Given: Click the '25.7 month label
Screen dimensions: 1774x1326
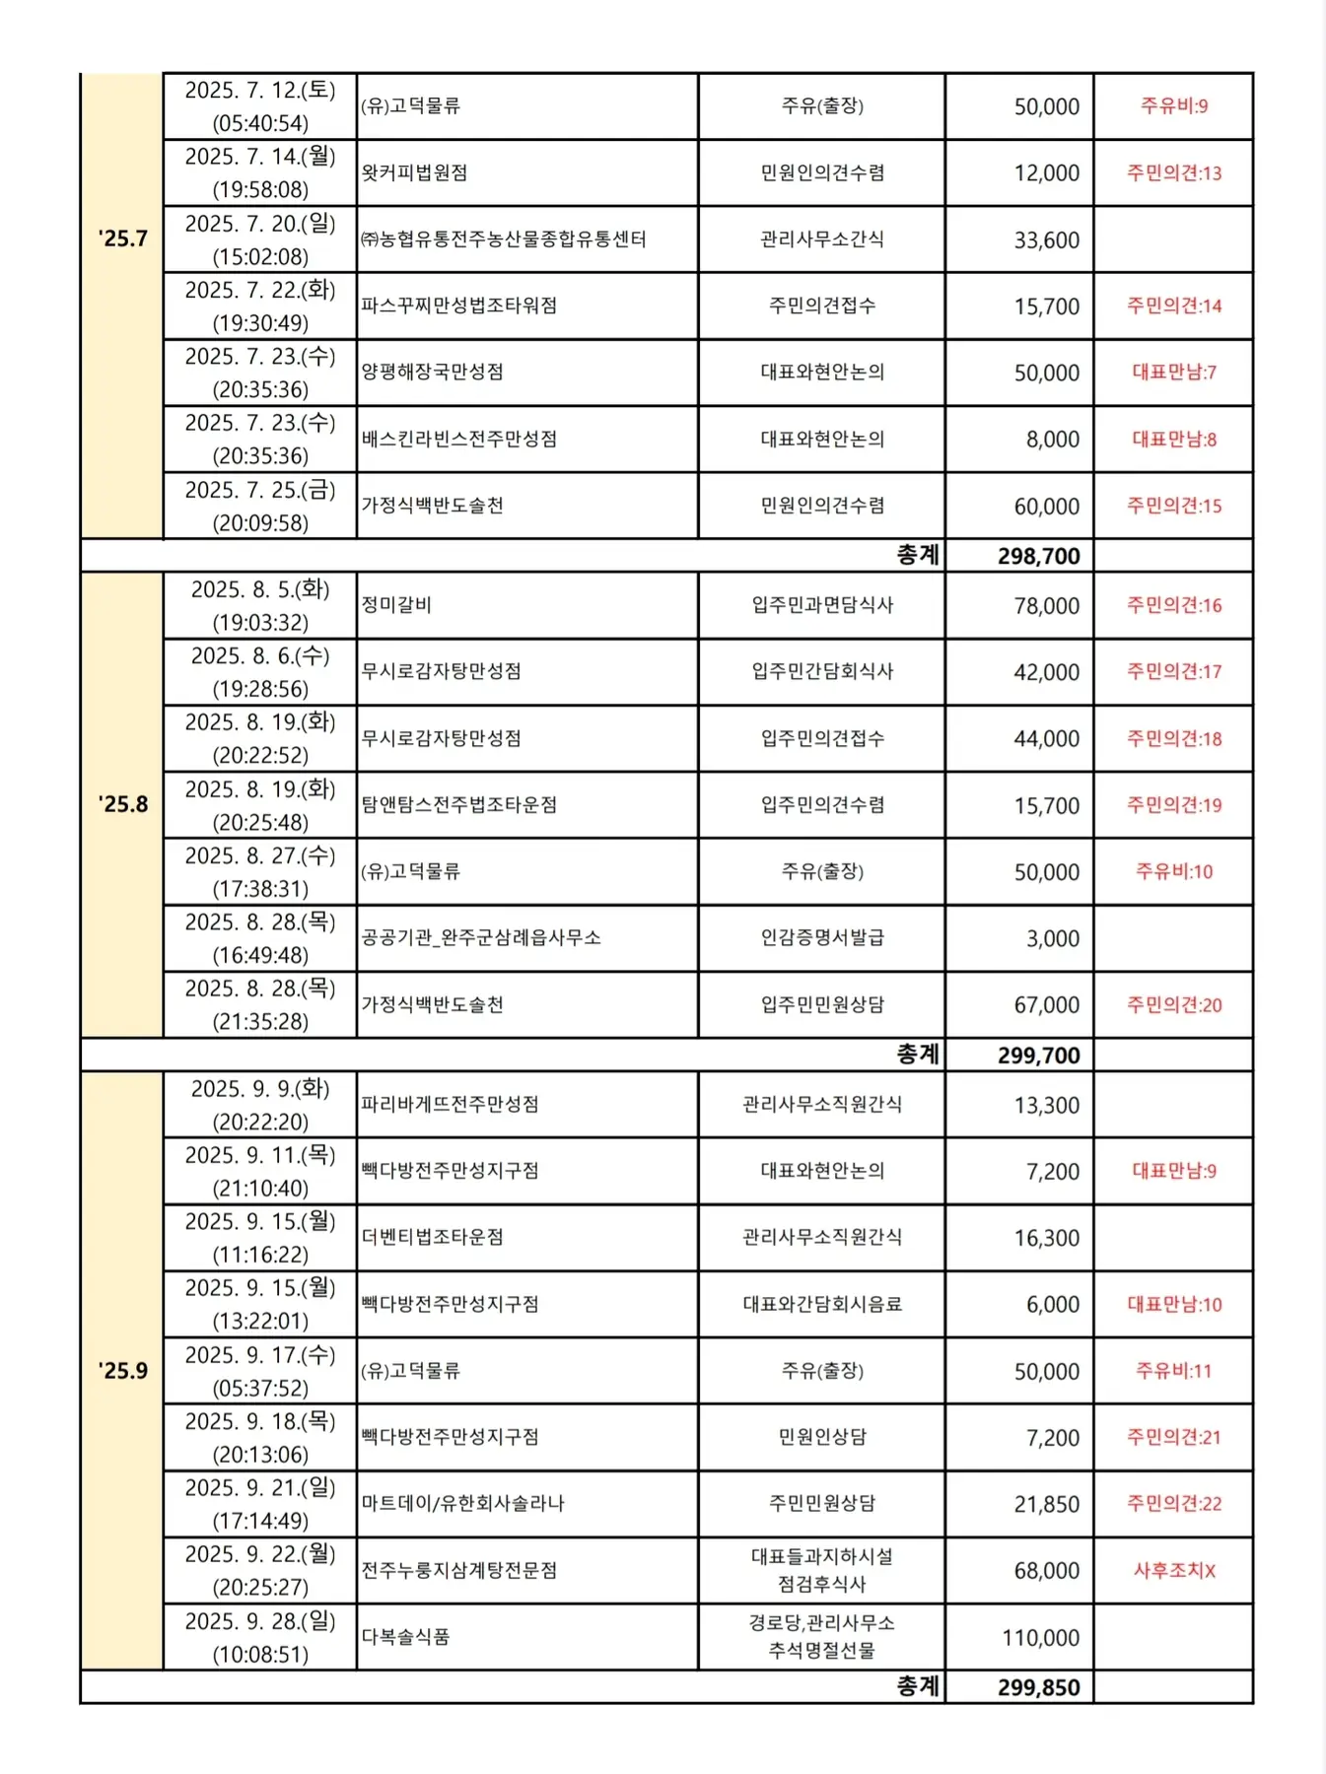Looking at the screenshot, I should click(x=122, y=239).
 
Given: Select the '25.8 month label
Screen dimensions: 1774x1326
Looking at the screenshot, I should click(x=122, y=804).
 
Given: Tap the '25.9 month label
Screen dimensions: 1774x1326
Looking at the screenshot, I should click(x=122, y=1370).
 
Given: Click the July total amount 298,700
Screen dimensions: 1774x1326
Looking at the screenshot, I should click(x=1038, y=556).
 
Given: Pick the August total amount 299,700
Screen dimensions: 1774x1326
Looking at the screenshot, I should click(x=1038, y=1056).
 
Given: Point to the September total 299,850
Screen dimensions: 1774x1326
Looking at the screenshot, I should click(x=1038, y=1687).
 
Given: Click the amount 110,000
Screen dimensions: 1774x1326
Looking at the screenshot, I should click(x=1040, y=1637).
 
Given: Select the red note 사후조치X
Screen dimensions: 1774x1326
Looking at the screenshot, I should click(x=1173, y=1570).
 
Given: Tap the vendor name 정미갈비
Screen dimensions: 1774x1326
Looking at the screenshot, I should click(x=396, y=605).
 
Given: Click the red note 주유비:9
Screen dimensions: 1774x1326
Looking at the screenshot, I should click(x=1173, y=105).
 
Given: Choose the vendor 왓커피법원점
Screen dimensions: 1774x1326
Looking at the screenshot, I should click(x=414, y=172).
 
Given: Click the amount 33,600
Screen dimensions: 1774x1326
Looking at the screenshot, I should click(x=1046, y=239).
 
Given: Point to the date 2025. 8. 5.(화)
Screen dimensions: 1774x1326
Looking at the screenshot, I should click(x=260, y=589).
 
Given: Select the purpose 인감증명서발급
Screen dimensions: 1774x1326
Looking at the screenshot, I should click(x=821, y=937).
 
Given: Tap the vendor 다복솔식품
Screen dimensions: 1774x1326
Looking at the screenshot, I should click(x=405, y=1636).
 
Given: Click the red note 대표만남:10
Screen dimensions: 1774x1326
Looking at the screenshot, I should click(x=1173, y=1304).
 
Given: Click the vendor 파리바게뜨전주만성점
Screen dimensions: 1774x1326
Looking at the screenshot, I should click(x=450, y=1104).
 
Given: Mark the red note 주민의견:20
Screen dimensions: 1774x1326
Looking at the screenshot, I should click(x=1173, y=1004).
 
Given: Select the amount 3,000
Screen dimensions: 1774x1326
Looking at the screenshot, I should click(x=1052, y=938).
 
